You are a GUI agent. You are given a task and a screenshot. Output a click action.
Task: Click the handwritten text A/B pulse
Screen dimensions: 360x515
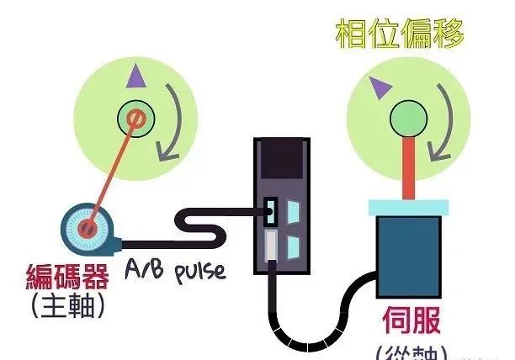coord(176,267)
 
